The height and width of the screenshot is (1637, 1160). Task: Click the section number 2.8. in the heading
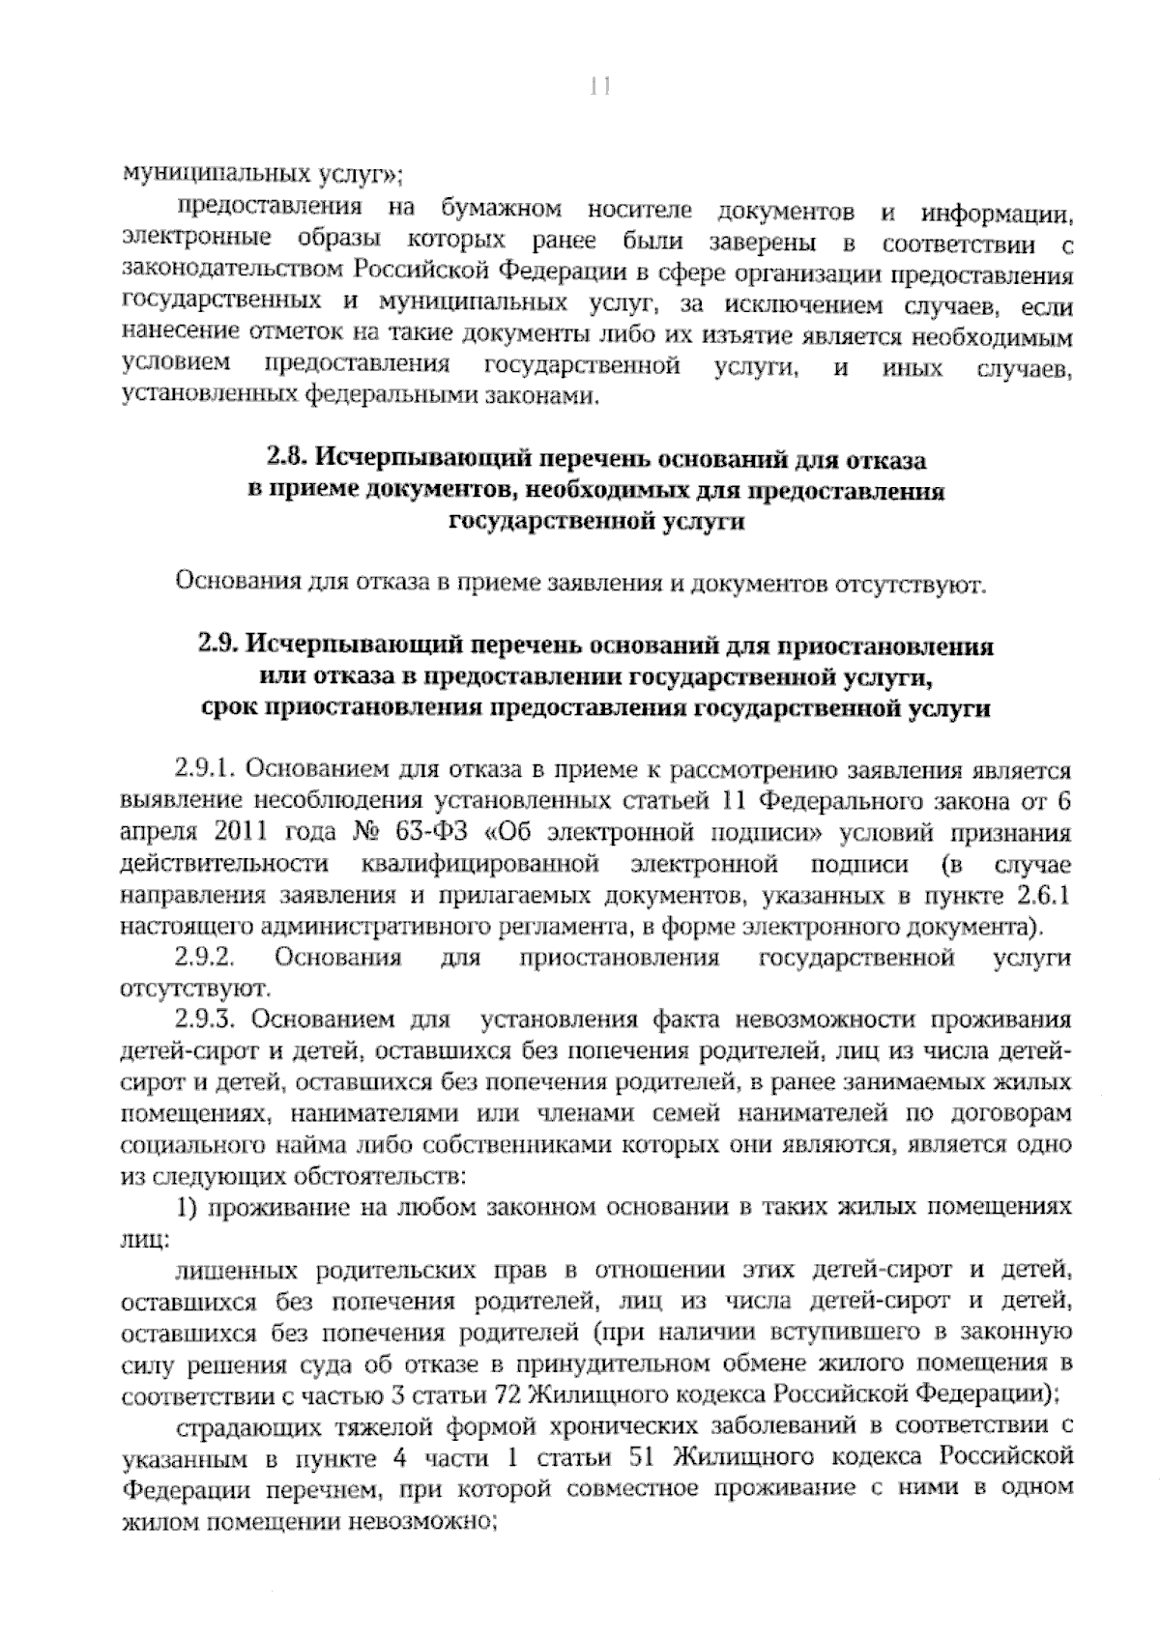(x=285, y=457)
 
